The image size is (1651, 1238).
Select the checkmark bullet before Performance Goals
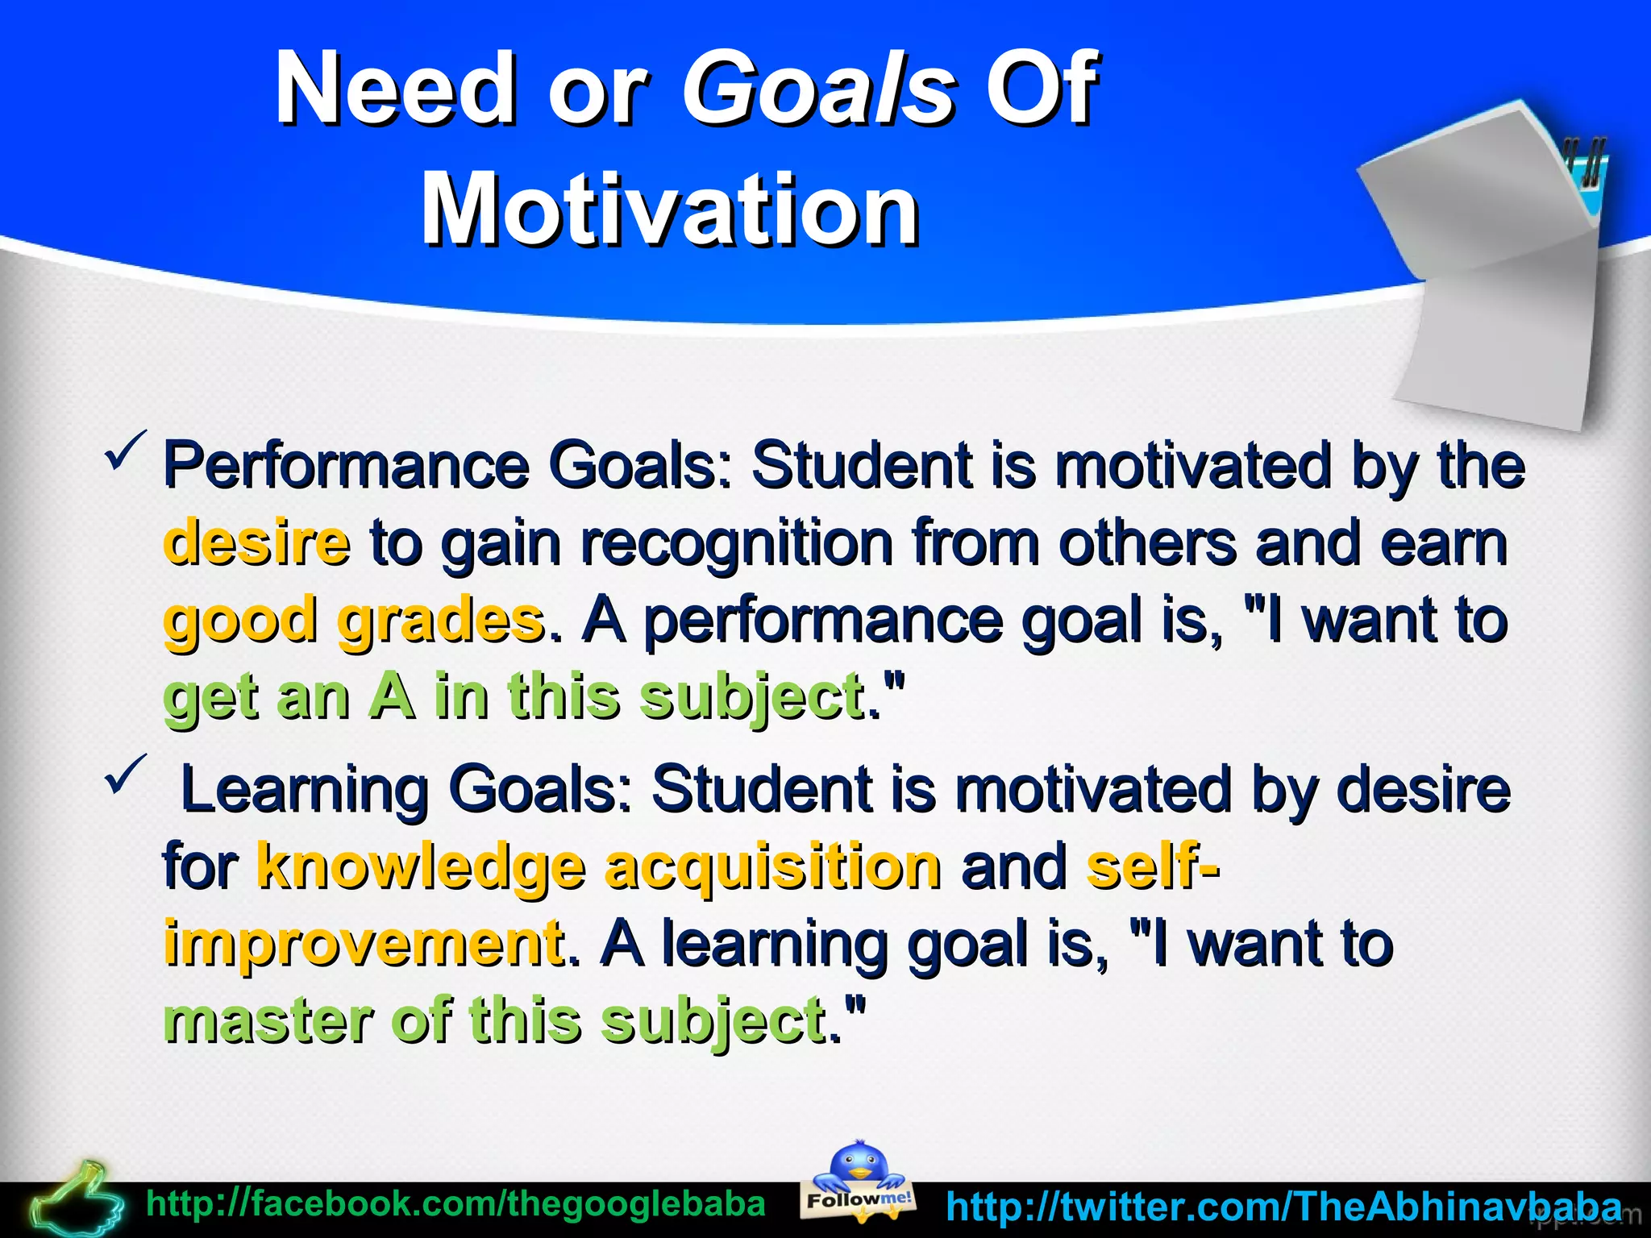click(x=125, y=451)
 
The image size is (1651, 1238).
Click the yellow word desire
click(x=256, y=542)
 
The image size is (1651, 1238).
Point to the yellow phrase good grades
click(x=353, y=621)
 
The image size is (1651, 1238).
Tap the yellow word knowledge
click(x=421, y=867)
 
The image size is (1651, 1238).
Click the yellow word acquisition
click(x=772, y=867)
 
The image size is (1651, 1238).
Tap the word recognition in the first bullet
click(x=737, y=543)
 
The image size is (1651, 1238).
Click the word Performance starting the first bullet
click(x=347, y=466)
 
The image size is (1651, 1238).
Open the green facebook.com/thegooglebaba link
click(x=455, y=1204)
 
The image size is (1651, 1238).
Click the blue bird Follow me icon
click(x=859, y=1181)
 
